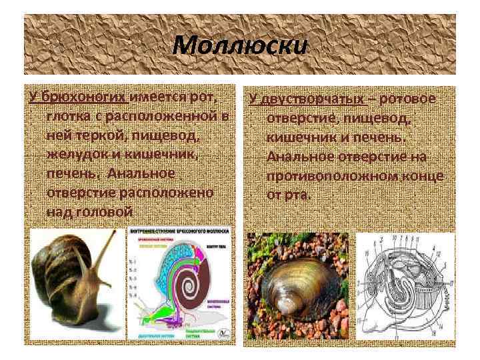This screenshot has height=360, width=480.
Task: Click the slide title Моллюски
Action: [241, 46]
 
